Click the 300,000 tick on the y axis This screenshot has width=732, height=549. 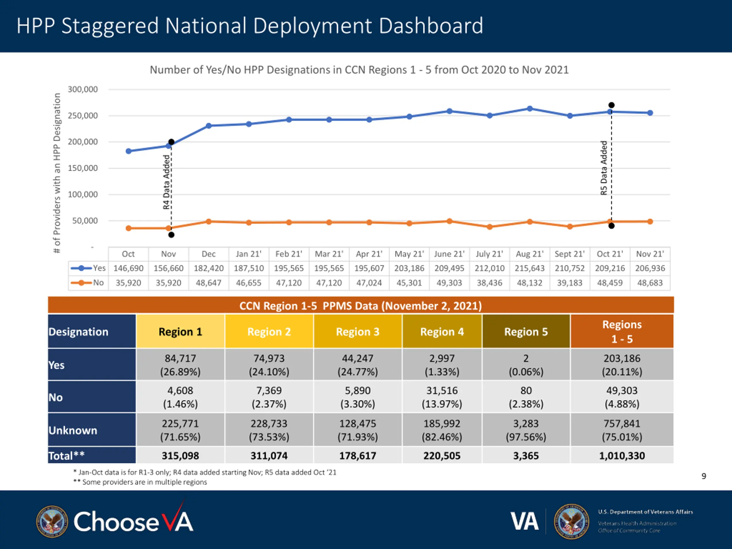[83, 89]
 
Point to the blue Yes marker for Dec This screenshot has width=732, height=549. [209, 126]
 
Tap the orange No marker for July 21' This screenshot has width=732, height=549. [490, 227]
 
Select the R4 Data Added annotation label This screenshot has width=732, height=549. [166, 182]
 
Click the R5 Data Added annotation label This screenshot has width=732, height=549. [604, 168]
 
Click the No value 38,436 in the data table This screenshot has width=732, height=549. [490, 283]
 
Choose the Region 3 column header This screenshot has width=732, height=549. [358, 332]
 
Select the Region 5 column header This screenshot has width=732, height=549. [526, 332]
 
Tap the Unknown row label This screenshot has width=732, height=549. [73, 430]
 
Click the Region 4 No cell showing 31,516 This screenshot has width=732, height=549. [442, 397]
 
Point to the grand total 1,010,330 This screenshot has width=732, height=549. [622, 456]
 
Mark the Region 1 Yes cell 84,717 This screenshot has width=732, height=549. [180, 365]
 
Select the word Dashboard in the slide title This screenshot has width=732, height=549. [431, 26]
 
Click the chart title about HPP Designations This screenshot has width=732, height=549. [359, 70]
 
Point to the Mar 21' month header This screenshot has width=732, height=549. [329, 254]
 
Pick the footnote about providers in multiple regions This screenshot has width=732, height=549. [141, 482]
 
